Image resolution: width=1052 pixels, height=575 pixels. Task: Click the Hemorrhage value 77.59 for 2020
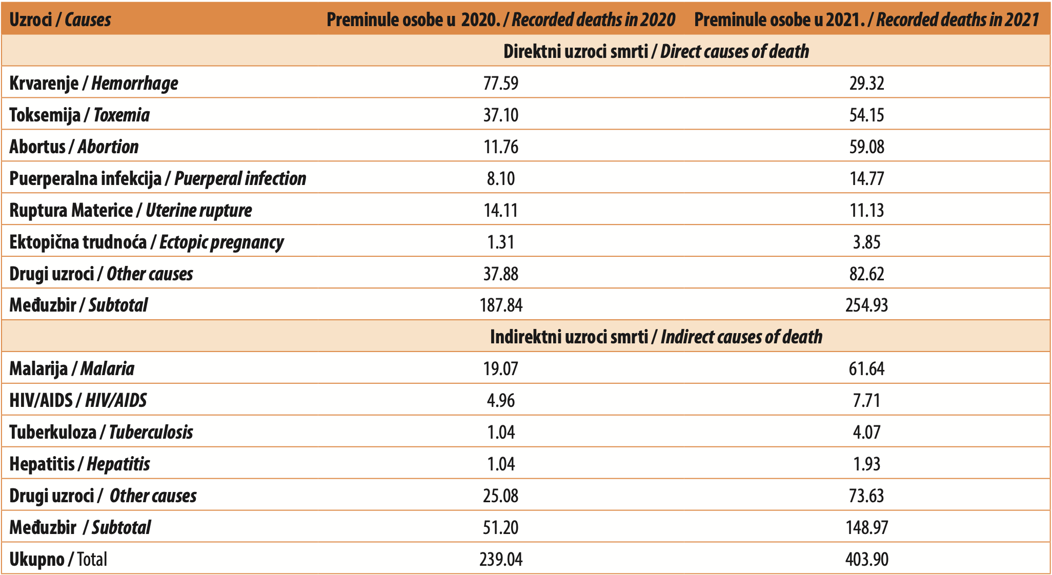point(501,83)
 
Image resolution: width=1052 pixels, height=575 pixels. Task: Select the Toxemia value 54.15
point(866,115)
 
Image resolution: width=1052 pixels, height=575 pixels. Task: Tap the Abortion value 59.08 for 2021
point(866,147)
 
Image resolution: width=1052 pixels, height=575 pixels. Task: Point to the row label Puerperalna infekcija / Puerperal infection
point(158,178)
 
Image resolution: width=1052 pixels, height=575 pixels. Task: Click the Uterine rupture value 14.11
point(501,210)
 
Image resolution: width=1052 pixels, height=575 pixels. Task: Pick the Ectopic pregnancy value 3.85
point(866,242)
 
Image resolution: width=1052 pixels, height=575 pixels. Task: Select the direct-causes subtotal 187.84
point(501,305)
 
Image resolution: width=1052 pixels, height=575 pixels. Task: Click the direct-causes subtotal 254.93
point(866,305)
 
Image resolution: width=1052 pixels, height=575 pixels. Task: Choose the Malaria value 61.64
point(866,368)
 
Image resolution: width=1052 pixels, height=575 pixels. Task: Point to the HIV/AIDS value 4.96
point(501,400)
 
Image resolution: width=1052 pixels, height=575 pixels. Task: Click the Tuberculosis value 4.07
point(866,432)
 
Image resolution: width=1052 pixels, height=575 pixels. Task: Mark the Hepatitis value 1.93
point(866,464)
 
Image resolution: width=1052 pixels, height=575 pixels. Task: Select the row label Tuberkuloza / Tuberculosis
point(102,432)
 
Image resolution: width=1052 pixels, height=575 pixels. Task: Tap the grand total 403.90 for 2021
point(866,559)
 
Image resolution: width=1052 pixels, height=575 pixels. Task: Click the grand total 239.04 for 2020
point(501,559)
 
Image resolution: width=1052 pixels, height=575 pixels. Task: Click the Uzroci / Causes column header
point(60,19)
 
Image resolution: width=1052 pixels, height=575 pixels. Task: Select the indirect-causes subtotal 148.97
point(866,527)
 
